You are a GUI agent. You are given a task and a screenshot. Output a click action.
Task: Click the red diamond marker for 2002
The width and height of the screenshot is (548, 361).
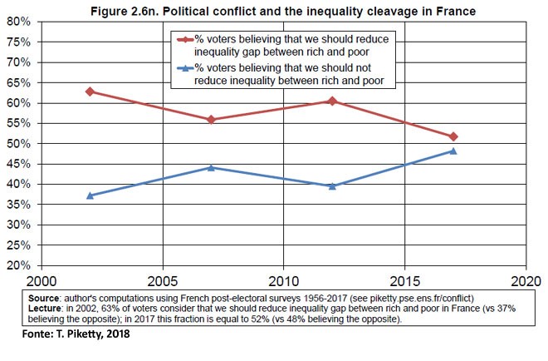pyautogui.click(x=90, y=91)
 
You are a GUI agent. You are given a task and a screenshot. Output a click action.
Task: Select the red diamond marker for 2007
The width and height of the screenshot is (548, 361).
pyautogui.click(x=211, y=120)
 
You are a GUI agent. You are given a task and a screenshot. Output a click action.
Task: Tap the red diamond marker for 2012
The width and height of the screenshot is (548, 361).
pyautogui.click(x=332, y=101)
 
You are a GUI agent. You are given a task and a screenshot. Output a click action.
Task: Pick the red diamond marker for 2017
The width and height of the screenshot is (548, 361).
pyautogui.click(x=453, y=136)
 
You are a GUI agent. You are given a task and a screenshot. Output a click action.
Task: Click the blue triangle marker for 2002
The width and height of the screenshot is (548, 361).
pyautogui.click(x=90, y=195)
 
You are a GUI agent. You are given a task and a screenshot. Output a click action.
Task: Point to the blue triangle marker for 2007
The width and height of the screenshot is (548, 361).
pyautogui.click(x=211, y=167)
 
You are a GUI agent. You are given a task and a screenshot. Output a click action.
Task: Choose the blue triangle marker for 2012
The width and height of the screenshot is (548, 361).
pyautogui.click(x=332, y=185)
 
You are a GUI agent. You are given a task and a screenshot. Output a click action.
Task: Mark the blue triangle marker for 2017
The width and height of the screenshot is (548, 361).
pyautogui.click(x=453, y=151)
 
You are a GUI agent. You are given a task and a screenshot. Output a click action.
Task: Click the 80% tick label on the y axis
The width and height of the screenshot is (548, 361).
pyautogui.click(x=18, y=22)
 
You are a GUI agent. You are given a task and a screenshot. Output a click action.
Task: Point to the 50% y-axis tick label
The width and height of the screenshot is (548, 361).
pyautogui.click(x=18, y=144)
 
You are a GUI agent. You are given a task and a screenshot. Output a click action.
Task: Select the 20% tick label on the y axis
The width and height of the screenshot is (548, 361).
pyautogui.click(x=18, y=266)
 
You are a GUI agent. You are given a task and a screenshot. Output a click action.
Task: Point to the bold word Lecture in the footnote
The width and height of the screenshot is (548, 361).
pyautogui.click(x=46, y=306)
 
